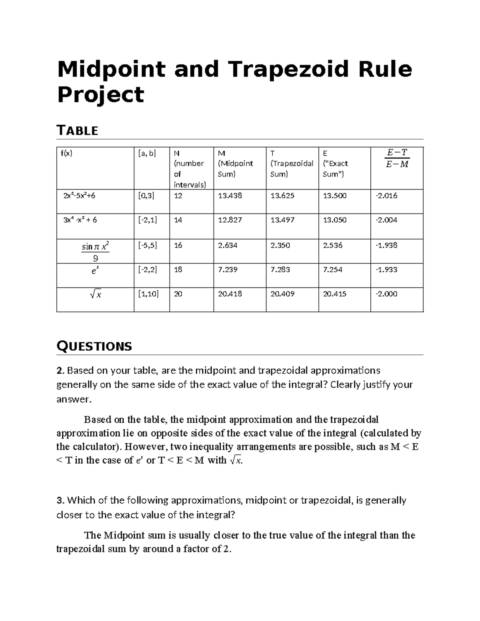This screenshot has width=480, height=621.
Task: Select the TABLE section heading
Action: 78,130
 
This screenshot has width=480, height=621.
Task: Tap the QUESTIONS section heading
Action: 94,346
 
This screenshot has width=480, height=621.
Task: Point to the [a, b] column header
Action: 147,153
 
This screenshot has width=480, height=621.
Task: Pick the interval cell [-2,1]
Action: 146,220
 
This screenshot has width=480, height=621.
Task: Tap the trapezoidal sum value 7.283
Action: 282,270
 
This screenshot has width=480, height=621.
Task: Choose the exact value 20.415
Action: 334,294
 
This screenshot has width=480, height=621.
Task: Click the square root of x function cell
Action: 96,295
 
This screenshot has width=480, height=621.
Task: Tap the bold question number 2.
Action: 60,371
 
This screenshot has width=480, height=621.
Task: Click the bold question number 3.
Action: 60,500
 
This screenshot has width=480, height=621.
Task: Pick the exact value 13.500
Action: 334,196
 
